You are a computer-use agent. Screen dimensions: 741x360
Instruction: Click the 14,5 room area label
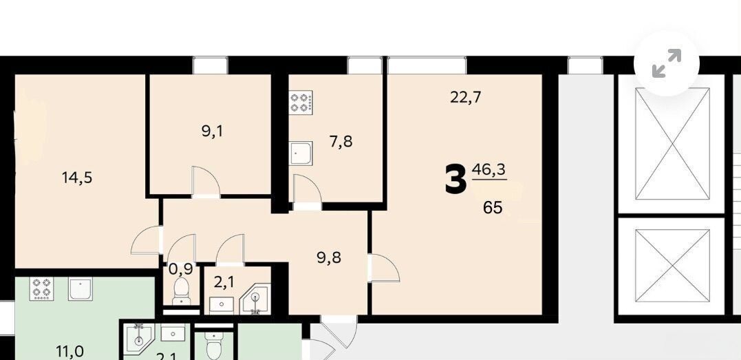click(76, 178)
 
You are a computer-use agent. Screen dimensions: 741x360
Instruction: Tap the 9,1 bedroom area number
click(212, 131)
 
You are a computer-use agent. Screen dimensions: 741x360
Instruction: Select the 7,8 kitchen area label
click(341, 141)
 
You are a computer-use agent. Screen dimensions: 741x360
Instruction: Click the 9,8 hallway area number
click(330, 258)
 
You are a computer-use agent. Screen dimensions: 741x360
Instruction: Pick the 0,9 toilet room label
click(180, 269)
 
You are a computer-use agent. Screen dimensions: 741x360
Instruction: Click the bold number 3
click(455, 180)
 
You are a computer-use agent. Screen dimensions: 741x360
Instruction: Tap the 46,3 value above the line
click(488, 169)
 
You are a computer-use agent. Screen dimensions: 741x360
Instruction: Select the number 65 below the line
click(493, 207)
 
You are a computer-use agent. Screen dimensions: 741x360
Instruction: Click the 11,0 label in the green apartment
click(70, 351)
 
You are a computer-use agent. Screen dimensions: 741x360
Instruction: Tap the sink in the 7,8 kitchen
click(301, 153)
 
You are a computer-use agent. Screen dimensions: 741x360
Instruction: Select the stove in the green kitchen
click(41, 288)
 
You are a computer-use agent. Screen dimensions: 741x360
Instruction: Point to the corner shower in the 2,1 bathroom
click(256, 299)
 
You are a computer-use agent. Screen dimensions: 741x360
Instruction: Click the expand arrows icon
click(666, 63)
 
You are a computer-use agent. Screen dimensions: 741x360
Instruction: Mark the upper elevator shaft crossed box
click(672, 144)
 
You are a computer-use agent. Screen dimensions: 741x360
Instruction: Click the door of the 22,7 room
click(385, 268)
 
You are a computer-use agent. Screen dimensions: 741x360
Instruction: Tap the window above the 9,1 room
click(211, 65)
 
